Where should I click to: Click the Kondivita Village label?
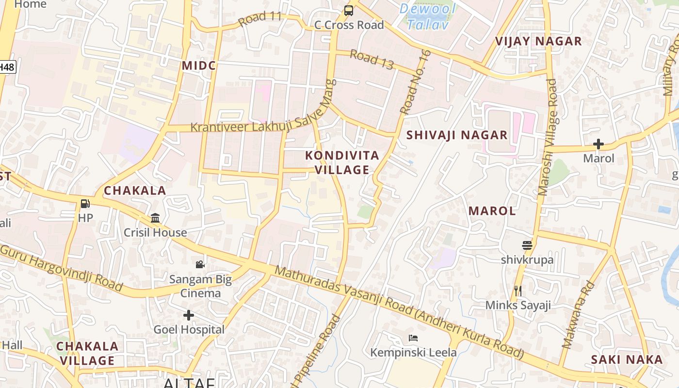coord(342,162)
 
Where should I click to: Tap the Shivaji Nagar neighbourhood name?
coord(457,135)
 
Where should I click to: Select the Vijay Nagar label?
coord(538,41)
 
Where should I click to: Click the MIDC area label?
coord(199,65)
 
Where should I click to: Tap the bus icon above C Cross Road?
coord(348,10)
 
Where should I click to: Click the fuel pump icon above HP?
coord(85,204)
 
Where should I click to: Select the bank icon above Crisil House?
coord(155,218)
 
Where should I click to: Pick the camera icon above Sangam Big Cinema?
coord(200,264)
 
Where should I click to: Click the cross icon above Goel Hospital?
coord(189,315)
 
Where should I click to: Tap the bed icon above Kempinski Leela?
coord(413,338)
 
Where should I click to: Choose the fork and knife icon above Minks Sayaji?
coord(518,291)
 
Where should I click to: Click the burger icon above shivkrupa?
coord(527,245)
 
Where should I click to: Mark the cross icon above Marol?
coord(598,144)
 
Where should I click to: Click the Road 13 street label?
coord(372,59)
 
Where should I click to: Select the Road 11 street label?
coord(260,18)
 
